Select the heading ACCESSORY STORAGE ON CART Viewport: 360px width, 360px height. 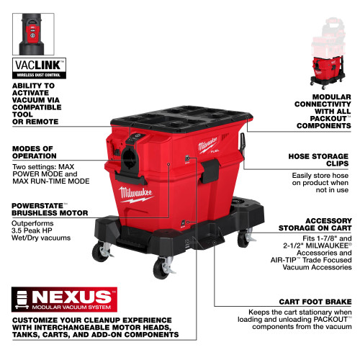click(x=318, y=226)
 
